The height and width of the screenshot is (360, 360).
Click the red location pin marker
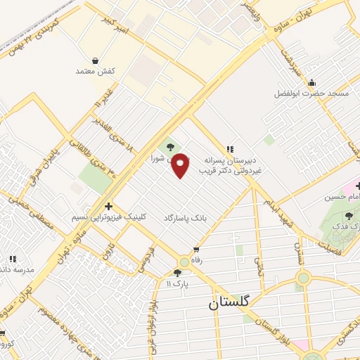pyautogui.click(x=181, y=165)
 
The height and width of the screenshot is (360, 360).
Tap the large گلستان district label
pyautogui.click(x=233, y=304)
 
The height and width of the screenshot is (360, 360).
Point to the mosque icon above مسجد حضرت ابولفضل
pyautogui.click(x=312, y=82)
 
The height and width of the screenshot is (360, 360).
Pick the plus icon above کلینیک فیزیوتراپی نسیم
pyautogui.click(x=108, y=207)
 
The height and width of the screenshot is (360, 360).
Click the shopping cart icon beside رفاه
pyautogui.click(x=196, y=250)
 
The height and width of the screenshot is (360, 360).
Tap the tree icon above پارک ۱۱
pyautogui.click(x=176, y=272)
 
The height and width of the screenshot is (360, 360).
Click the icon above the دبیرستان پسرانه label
pyautogui.click(x=230, y=148)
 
